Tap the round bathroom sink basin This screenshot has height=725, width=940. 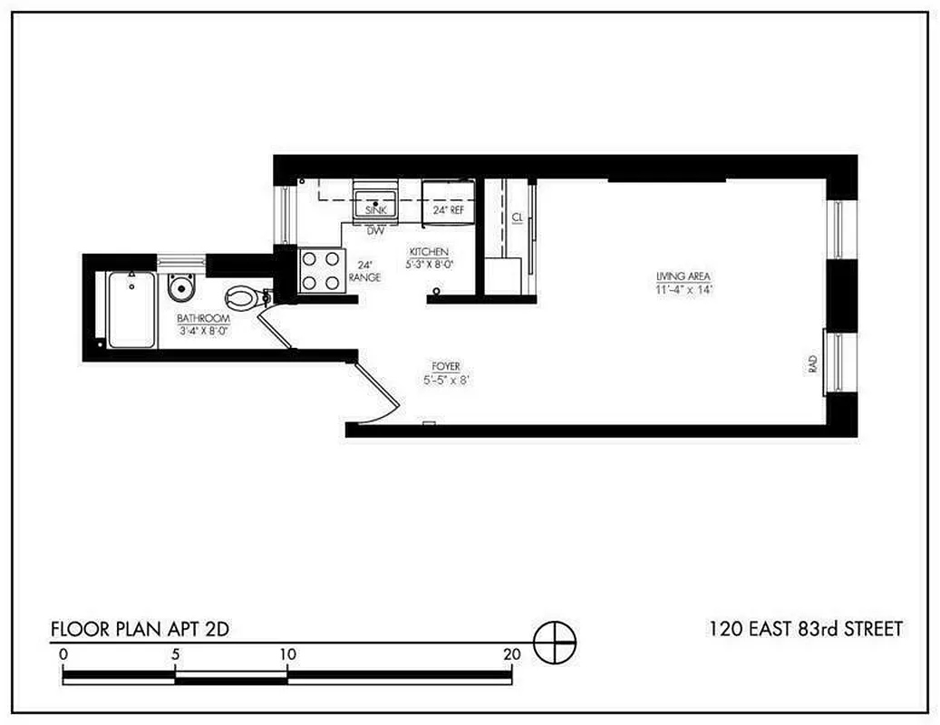(181, 289)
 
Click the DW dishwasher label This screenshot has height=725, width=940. (375, 230)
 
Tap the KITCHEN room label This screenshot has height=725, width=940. (429, 252)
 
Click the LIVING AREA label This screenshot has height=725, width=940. (683, 276)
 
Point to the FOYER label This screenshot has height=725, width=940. (445, 366)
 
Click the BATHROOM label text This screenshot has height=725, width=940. (203, 319)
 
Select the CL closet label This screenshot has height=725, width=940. (516, 217)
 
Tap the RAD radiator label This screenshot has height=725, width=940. (812, 363)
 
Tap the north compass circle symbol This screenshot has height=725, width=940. (554, 645)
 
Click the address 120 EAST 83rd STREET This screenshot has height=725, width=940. (805, 629)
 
